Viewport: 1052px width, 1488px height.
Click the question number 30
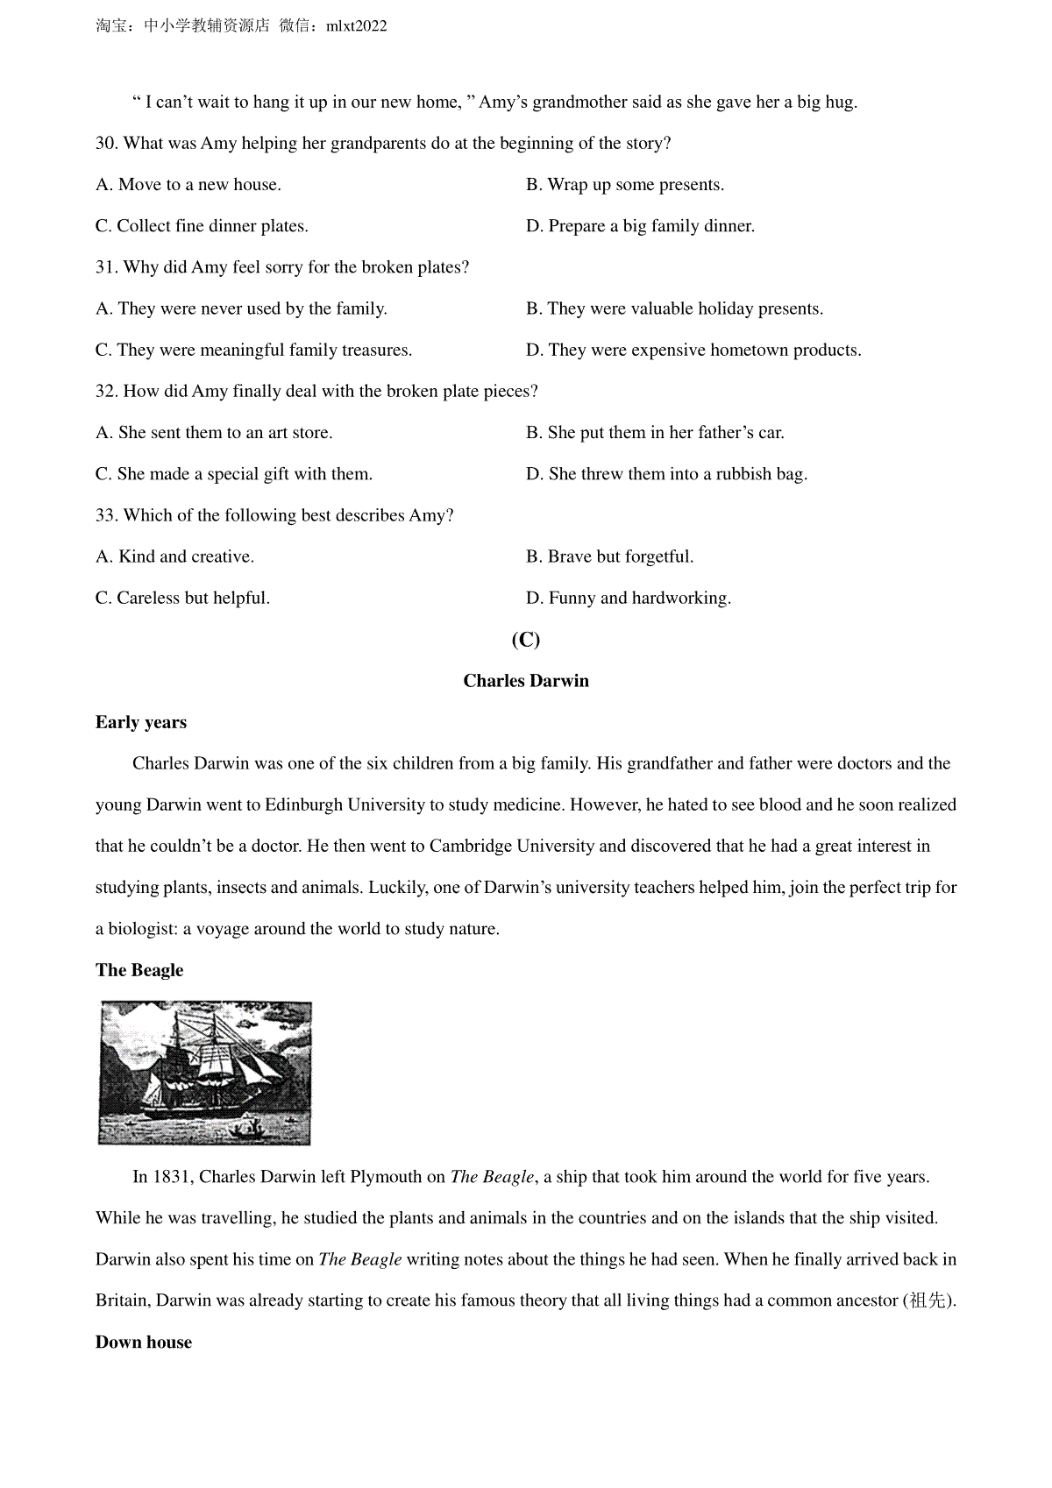pyautogui.click(x=106, y=144)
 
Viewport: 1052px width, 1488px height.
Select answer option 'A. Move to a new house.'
pyautogui.click(x=188, y=185)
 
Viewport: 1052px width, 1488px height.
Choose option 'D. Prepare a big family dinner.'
pyautogui.click(x=640, y=226)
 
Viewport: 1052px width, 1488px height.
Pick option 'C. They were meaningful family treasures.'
pyautogui.click(x=253, y=351)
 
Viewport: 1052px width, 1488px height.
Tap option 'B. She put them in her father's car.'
pyautogui.click(x=655, y=433)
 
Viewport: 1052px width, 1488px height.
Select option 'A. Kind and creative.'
pyautogui.click(x=174, y=557)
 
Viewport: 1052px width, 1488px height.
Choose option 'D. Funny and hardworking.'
pyautogui.click(x=629, y=599)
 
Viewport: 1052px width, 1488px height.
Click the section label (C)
pyautogui.click(x=526, y=640)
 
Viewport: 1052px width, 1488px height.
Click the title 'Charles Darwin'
pyautogui.click(x=526, y=681)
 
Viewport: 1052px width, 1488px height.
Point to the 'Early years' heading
pyautogui.click(x=141, y=723)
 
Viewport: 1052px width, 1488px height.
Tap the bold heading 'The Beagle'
pyautogui.click(x=139, y=970)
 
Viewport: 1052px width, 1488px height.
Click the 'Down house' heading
pyautogui.click(x=144, y=1343)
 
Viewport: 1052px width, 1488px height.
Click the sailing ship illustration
pyautogui.click(x=205, y=1073)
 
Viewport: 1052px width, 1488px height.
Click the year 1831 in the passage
pyautogui.click(x=173, y=1177)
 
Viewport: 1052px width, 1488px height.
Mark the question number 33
pyautogui.click(x=106, y=516)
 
